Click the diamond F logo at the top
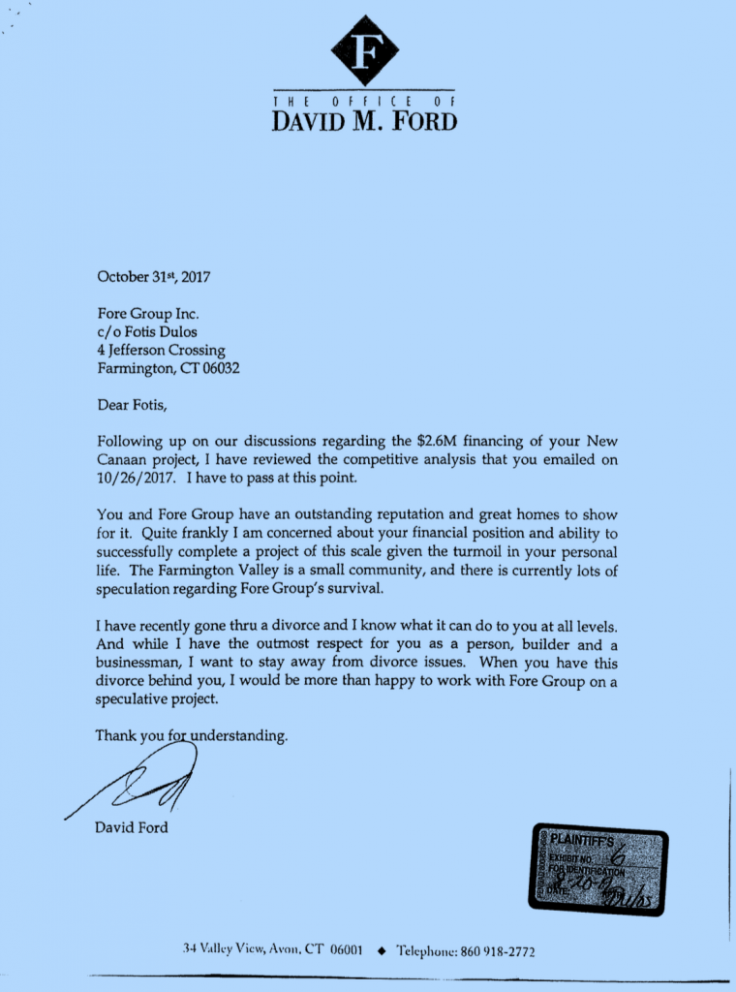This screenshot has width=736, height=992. point(364,50)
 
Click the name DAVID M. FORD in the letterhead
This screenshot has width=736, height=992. point(364,121)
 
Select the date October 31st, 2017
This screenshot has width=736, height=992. point(154,277)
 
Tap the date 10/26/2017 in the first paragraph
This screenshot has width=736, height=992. point(137,478)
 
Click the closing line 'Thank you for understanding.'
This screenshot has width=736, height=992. point(192,736)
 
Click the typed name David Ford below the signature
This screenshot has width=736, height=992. point(132,827)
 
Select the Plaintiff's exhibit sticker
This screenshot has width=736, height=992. point(598,870)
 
